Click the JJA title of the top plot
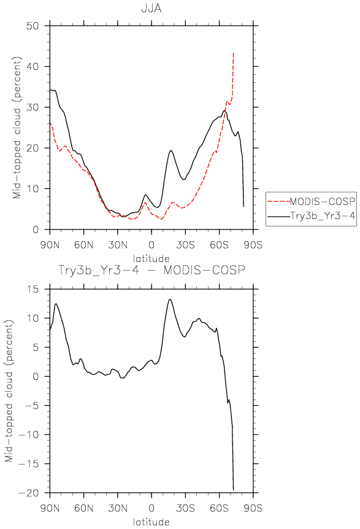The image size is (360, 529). pyautogui.click(x=151, y=8)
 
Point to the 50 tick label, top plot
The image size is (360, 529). pyautogui.click(x=33, y=26)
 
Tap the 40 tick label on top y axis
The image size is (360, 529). pyautogui.click(x=33, y=66)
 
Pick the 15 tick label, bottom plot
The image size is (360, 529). pyautogui.click(x=33, y=289)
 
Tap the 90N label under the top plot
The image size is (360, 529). pyautogui.click(x=50, y=245)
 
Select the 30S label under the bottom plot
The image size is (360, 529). pyautogui.click(x=185, y=508)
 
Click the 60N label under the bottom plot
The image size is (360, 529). pyautogui.click(x=83, y=508)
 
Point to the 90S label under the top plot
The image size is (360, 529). pyautogui.click(x=253, y=245)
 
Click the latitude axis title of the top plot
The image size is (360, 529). pyautogui.click(x=151, y=259)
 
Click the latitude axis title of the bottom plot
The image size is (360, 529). pyautogui.click(x=151, y=522)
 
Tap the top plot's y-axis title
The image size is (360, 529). pyautogui.click(x=17, y=128)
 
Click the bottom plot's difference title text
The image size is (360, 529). pyautogui.click(x=151, y=270)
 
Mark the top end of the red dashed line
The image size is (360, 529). pyautogui.click(x=234, y=53)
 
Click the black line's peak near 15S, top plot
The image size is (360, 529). pyautogui.click(x=171, y=150)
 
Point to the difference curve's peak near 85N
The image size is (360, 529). pyautogui.click(x=56, y=304)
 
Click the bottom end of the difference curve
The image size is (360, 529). pyautogui.click(x=233, y=490)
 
